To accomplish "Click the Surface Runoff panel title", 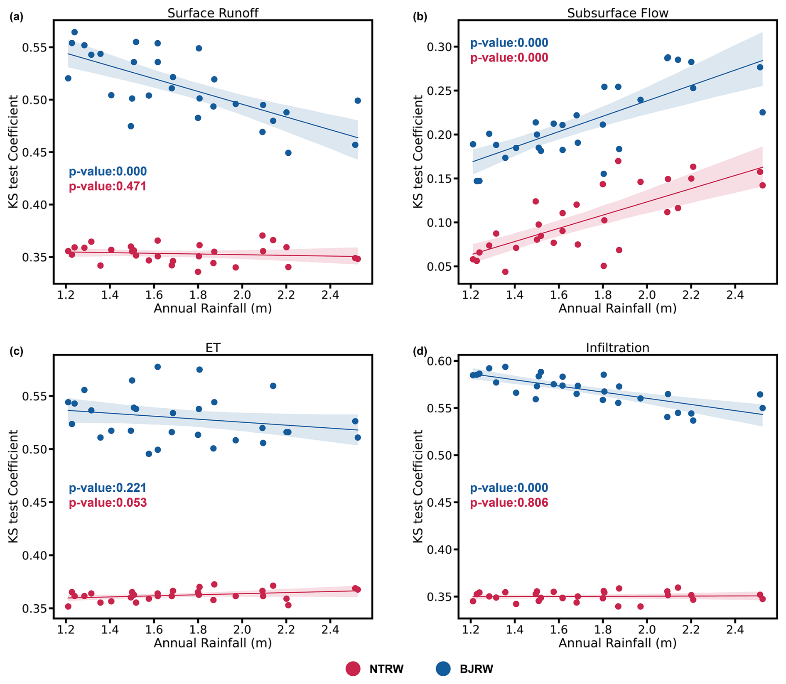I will [x=213, y=13].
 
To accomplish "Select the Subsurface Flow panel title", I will [x=617, y=13].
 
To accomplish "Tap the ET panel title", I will [x=213, y=348].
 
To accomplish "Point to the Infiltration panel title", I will [x=617, y=348].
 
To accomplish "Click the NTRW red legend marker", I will [x=353, y=669].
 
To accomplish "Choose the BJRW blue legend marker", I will [x=443, y=669].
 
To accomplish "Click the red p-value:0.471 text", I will [x=108, y=186].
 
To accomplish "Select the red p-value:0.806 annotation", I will [x=509, y=503].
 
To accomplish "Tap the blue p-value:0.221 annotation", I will [x=108, y=488].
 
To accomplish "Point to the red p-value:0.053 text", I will [x=108, y=503].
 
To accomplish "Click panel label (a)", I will [x=17, y=17].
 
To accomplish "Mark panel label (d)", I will [x=420, y=351].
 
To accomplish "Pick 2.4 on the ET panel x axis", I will [x=330, y=630].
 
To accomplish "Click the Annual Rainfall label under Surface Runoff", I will [x=213, y=309].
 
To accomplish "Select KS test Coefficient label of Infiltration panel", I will [x=418, y=486].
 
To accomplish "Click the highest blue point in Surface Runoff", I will [x=74, y=32].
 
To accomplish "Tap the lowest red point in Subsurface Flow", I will [x=505, y=272].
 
